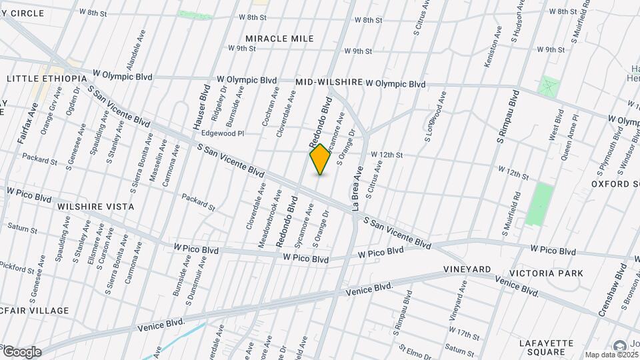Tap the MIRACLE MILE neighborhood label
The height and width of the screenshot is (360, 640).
click(279, 39)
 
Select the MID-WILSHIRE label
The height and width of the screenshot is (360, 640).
click(329, 82)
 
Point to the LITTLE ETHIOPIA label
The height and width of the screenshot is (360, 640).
click(47, 79)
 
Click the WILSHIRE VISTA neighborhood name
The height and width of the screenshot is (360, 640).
click(95, 207)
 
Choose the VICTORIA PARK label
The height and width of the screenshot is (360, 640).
click(546, 273)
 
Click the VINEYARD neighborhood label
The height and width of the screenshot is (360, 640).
click(467, 269)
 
